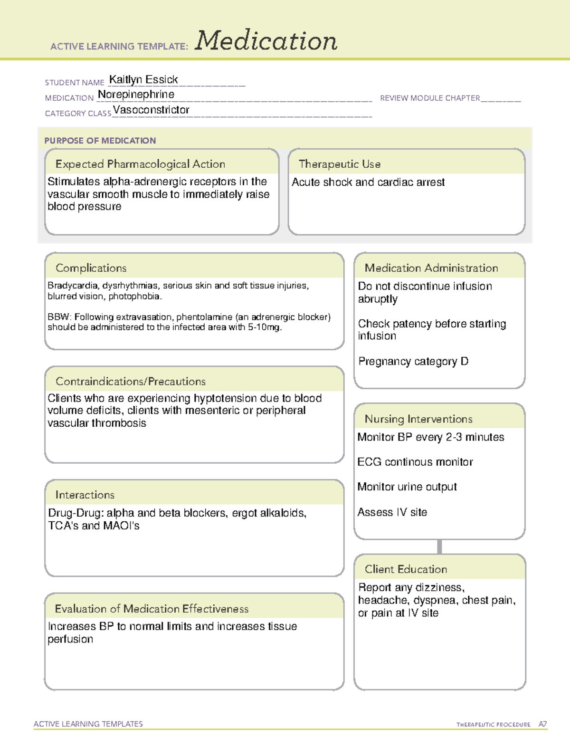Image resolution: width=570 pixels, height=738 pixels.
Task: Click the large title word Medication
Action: point(266,41)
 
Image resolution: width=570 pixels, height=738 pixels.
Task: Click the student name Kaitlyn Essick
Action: point(143,79)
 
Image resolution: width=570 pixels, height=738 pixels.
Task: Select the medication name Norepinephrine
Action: point(136,95)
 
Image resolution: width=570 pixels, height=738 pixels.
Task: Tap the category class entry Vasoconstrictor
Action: point(151,110)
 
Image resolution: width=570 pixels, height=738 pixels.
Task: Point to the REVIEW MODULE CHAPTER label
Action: point(430,98)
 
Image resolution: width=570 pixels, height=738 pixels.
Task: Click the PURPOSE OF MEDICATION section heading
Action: point(100,141)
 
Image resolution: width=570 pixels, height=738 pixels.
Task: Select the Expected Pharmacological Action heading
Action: point(140,164)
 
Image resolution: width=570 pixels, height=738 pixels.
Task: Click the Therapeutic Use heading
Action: point(339,164)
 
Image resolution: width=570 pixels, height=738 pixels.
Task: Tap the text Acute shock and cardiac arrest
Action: point(368,182)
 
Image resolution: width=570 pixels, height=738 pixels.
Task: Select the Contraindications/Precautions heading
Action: point(131,381)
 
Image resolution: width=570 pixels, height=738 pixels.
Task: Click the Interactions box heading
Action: point(85,495)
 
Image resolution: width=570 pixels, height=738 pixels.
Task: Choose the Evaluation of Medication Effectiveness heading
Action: point(152,609)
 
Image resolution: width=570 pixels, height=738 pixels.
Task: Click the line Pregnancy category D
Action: point(413,362)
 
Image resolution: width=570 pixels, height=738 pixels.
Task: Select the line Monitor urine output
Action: point(407,487)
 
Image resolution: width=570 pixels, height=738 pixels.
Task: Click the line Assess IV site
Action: point(392,512)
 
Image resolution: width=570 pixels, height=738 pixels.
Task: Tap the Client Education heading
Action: point(406,569)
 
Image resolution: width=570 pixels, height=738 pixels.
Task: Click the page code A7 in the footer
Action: point(542,724)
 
